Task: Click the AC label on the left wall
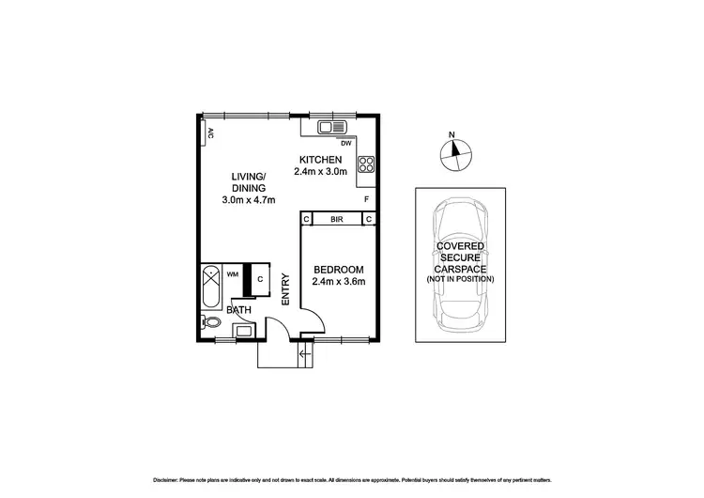210,133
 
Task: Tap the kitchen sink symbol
332,127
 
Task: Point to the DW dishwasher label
345,144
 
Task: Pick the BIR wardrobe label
337,219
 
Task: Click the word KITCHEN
320,159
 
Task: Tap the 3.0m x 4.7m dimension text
249,200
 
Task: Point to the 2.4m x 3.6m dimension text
338,282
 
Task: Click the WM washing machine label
233,274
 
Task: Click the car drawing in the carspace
460,265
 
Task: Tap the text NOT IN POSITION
460,280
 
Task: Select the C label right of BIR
369,219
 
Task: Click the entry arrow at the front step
302,354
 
